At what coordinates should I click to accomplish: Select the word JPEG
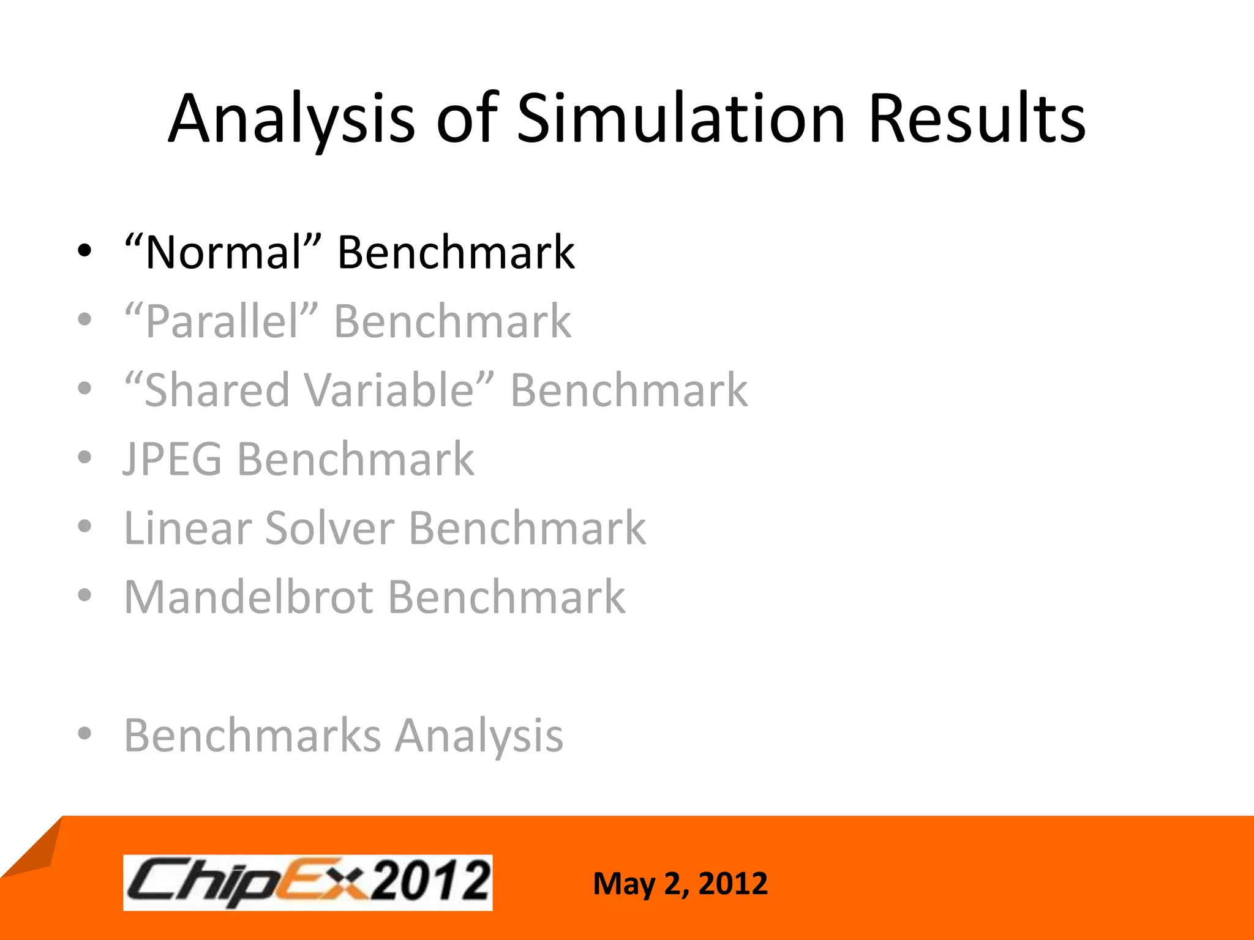[x=173, y=459]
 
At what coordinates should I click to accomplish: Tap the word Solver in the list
[x=329, y=528]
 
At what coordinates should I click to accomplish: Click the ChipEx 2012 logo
[x=307, y=882]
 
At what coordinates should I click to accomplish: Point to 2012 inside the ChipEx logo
[x=432, y=881]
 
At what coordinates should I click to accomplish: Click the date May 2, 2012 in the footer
[x=680, y=884]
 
